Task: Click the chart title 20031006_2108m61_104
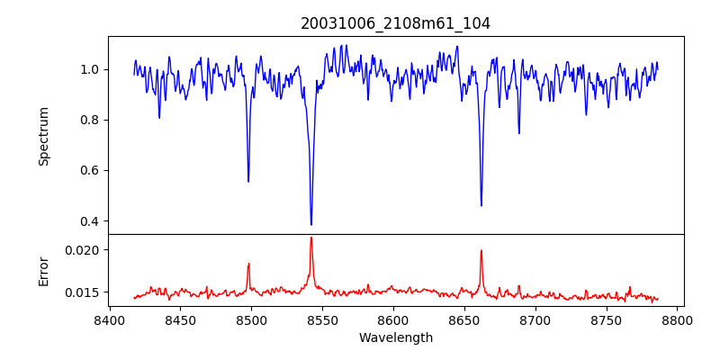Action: point(395,23)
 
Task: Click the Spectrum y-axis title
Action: point(43,136)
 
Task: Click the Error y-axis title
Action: point(43,270)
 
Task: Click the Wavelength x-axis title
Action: point(395,338)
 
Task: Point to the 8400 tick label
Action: point(109,319)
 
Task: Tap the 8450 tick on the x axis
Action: point(180,319)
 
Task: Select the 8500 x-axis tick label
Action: point(251,319)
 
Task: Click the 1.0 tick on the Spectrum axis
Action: point(90,69)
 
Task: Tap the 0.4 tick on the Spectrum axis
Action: point(90,221)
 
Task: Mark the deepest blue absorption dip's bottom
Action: point(311,225)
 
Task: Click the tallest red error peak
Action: point(311,238)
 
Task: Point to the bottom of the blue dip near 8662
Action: point(481,206)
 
